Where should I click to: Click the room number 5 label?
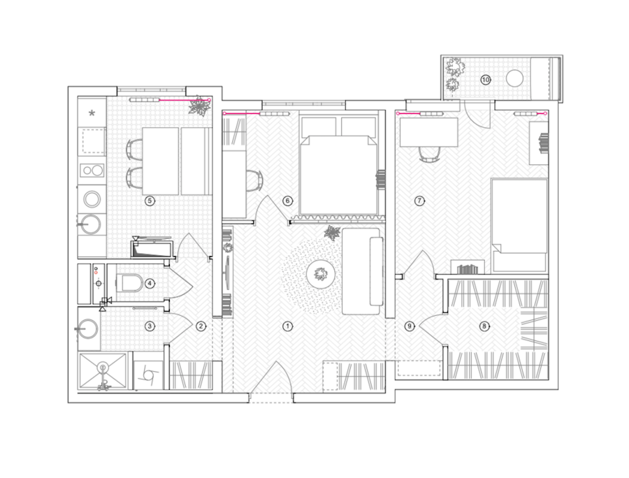pyautogui.click(x=150, y=201)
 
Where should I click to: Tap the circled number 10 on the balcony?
pyautogui.click(x=486, y=80)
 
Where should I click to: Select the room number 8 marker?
pyautogui.click(x=484, y=326)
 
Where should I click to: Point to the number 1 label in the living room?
pyautogui.click(x=287, y=326)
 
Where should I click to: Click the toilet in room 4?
pyautogui.click(x=128, y=283)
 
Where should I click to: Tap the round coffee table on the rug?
pyautogui.click(x=321, y=275)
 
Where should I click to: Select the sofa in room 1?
pyautogui.click(x=362, y=271)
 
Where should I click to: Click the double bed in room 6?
pyautogui.click(x=338, y=173)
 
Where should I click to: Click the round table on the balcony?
pyautogui.click(x=514, y=78)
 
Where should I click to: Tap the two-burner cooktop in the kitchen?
pyautogui.click(x=92, y=171)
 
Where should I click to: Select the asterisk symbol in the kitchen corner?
pyautogui.click(x=92, y=113)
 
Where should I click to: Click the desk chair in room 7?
pyautogui.click(x=430, y=154)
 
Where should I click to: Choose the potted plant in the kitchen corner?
pyautogui.click(x=199, y=107)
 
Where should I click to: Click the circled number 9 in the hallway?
pyautogui.click(x=410, y=326)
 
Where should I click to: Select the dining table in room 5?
pyautogui.click(x=161, y=161)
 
